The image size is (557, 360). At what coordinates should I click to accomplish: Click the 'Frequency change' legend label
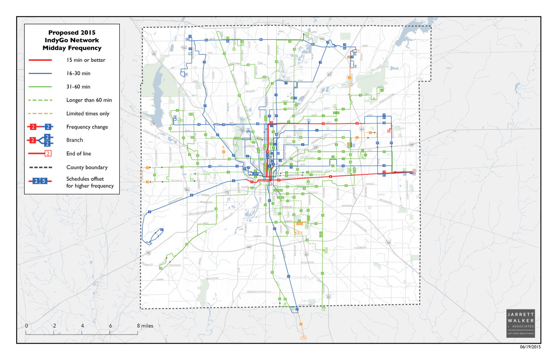coord(87,127)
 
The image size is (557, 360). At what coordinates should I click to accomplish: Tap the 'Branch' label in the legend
coord(74,140)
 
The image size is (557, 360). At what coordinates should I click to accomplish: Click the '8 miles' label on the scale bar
coord(145,326)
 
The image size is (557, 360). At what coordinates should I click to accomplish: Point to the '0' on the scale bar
coord(26,326)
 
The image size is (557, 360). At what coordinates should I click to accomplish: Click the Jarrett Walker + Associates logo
coord(520,323)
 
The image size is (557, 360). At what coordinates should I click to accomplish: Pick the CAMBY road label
coord(161,280)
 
